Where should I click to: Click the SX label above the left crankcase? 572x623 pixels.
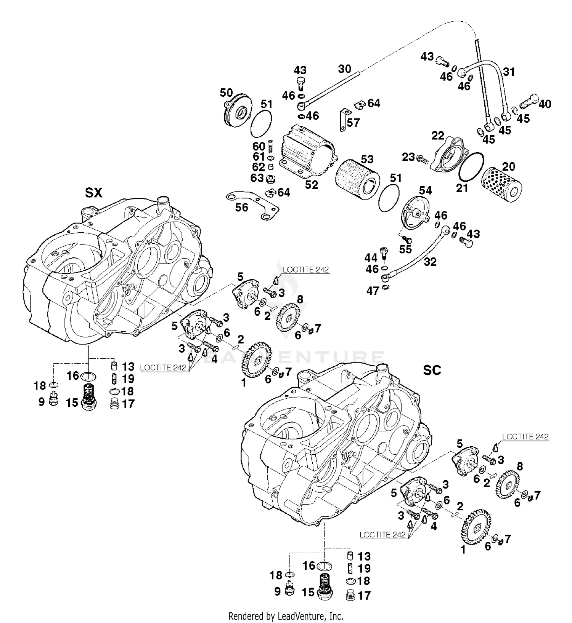coord(93,193)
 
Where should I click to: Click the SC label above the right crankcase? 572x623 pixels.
coord(432,370)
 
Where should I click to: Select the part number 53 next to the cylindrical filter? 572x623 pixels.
coord(367,159)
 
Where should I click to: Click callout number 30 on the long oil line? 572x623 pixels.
coord(344,69)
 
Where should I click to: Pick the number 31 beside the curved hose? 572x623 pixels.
coord(509,72)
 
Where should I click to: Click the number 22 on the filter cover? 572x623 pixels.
coord(438,136)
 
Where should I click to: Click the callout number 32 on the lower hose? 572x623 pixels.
coord(430,262)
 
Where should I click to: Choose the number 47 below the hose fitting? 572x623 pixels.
coord(373,291)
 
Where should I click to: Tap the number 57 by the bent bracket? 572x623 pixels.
coord(353,122)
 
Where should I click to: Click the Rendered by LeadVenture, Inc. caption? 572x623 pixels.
coord(286,616)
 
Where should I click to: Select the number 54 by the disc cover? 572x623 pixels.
coord(425,190)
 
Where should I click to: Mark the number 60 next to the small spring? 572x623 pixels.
coord(259,147)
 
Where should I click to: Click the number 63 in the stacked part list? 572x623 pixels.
coord(257,178)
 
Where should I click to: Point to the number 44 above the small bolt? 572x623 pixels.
coord(371,258)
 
